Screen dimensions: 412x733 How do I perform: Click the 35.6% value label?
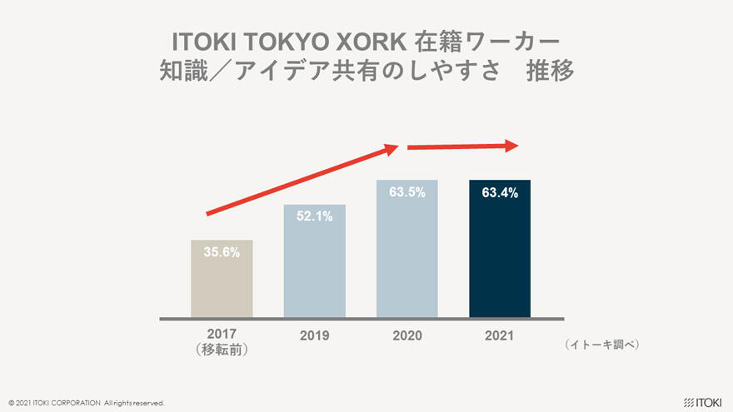tap(222, 253)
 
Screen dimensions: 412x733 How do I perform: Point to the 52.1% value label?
tap(315, 216)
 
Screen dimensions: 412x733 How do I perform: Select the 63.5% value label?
tap(407, 192)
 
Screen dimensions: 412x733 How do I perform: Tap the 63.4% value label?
tap(500, 193)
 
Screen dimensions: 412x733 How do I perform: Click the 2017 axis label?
tap(222, 334)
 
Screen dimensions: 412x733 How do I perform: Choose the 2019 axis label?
tap(315, 336)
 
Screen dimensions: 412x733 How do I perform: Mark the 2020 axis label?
tap(407, 336)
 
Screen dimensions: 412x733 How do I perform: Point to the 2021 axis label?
tap(500, 336)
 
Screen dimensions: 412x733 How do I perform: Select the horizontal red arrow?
tap(462, 146)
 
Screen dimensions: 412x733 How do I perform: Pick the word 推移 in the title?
tap(550, 72)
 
